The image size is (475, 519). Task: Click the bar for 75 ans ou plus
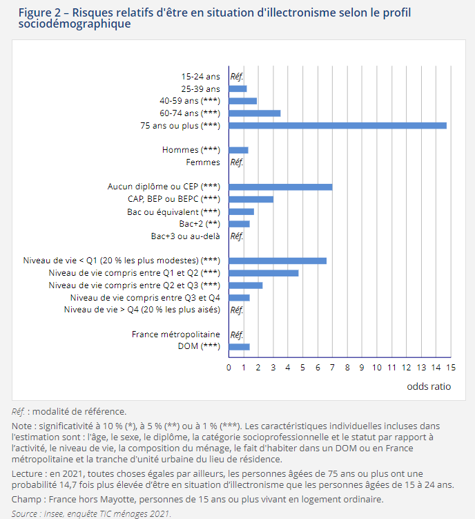click(338, 126)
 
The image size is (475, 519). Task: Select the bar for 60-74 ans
click(255, 113)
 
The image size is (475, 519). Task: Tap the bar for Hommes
click(238, 150)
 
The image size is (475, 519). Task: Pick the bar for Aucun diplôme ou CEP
click(280, 187)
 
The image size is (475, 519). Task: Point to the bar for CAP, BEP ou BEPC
click(251, 199)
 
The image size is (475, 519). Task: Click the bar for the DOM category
click(239, 347)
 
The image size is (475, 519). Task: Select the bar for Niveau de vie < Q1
click(278, 261)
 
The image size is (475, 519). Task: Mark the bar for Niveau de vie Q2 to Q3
click(246, 285)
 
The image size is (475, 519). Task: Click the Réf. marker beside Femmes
click(237, 162)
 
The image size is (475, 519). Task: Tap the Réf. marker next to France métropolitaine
click(237, 334)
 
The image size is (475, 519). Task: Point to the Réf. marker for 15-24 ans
click(237, 77)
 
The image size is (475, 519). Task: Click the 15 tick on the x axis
click(451, 368)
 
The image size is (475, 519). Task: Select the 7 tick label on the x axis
click(332, 368)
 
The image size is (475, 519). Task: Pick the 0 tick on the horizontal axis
click(229, 368)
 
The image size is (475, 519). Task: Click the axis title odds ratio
click(429, 386)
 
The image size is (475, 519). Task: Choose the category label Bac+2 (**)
click(200, 224)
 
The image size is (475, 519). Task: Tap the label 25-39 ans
click(200, 88)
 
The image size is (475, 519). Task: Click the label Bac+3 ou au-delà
click(186, 236)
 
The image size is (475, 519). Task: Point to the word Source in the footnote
click(24, 513)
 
